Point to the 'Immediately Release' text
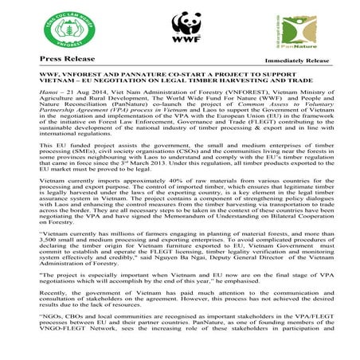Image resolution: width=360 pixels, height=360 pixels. (x=296, y=61)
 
